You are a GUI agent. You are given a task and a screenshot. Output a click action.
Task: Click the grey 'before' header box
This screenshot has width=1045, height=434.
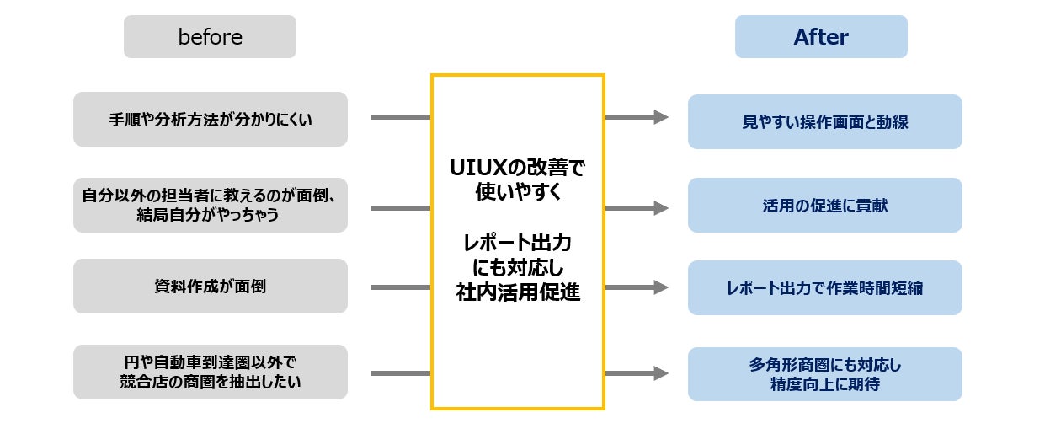click(210, 37)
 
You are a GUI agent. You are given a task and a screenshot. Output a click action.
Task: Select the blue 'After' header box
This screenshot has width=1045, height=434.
click(821, 37)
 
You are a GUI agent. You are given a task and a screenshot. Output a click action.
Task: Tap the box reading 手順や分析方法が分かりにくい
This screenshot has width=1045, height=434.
click(211, 120)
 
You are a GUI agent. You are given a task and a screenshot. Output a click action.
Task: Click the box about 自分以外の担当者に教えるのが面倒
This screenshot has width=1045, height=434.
click(211, 205)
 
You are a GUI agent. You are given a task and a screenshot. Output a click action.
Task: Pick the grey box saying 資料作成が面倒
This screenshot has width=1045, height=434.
click(211, 287)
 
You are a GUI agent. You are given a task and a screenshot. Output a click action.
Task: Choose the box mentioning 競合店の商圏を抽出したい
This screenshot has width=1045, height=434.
click(211, 372)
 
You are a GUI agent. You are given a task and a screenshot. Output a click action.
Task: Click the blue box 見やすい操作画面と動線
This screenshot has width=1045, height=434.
click(824, 122)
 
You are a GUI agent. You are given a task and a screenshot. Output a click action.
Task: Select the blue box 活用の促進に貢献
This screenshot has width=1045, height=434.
click(824, 205)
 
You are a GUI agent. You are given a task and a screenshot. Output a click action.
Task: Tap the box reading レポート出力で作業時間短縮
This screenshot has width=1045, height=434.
click(824, 288)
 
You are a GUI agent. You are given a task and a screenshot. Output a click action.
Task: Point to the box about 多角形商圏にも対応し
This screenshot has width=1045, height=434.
click(824, 374)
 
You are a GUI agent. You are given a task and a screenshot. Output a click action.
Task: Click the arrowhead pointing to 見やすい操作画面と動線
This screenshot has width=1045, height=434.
click(661, 117)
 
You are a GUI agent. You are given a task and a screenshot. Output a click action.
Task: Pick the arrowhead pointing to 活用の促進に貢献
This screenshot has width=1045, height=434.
click(661, 207)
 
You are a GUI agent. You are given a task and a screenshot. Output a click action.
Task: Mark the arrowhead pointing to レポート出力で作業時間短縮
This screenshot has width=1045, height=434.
click(661, 287)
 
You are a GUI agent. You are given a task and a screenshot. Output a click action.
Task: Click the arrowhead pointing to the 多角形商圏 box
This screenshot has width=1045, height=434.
click(661, 372)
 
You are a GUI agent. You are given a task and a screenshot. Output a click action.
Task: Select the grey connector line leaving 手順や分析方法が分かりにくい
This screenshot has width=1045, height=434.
click(400, 117)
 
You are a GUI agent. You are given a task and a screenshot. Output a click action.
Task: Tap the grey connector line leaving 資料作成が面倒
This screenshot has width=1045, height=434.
click(400, 287)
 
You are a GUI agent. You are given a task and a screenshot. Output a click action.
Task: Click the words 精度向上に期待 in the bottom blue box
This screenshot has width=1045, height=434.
click(824, 384)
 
